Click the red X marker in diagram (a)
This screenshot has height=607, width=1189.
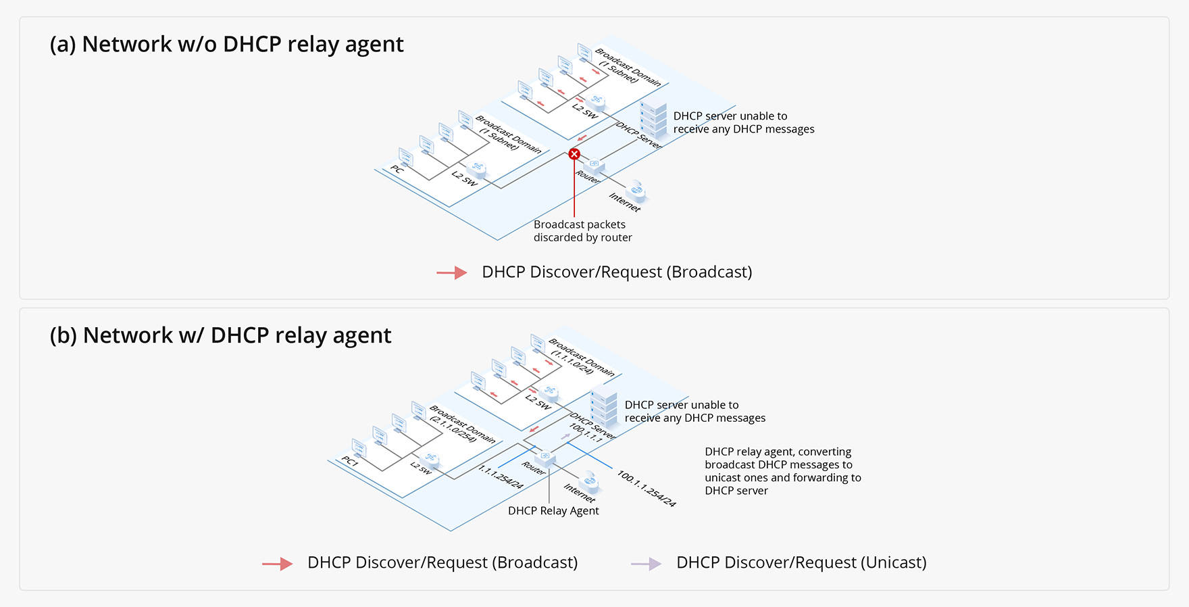[x=574, y=154]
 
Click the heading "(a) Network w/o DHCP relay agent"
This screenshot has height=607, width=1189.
[x=226, y=44]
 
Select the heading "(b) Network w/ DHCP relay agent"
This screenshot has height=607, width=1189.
[x=220, y=335]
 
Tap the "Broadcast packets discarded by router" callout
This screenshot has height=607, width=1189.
[x=582, y=230]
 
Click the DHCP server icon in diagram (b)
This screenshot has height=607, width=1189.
[x=604, y=405]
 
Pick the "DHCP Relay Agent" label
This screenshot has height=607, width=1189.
[x=553, y=511]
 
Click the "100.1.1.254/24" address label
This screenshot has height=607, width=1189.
[x=646, y=489]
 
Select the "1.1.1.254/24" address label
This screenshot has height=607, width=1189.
[x=501, y=477]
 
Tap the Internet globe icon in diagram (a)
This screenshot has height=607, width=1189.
[x=636, y=191]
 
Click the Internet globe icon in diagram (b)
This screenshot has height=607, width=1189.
[x=590, y=482]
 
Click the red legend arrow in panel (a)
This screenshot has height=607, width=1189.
[x=452, y=273]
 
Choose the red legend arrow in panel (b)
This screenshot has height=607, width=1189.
[x=278, y=564]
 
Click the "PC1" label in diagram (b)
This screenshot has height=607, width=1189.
[x=349, y=462]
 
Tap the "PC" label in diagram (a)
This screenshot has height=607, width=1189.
[x=397, y=170]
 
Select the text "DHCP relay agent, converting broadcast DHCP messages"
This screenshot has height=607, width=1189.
[x=778, y=458]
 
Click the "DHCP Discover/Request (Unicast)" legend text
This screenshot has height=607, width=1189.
[x=801, y=562]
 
